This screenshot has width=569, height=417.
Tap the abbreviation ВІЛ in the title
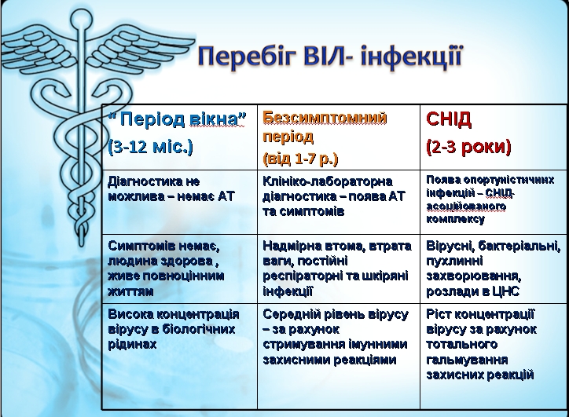325,56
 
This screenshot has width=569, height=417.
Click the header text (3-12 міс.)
151,147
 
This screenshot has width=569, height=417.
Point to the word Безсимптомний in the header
325,118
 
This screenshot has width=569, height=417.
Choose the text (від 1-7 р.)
300,159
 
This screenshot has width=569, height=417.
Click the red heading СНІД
449,119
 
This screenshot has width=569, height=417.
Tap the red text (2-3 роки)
468,147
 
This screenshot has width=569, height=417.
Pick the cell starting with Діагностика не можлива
171,189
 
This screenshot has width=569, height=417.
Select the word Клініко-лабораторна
327,181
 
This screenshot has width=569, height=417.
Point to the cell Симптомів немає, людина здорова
166,269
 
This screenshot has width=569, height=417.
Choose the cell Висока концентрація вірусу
174,329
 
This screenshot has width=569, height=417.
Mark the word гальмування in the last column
467,360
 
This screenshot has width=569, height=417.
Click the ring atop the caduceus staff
81,19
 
